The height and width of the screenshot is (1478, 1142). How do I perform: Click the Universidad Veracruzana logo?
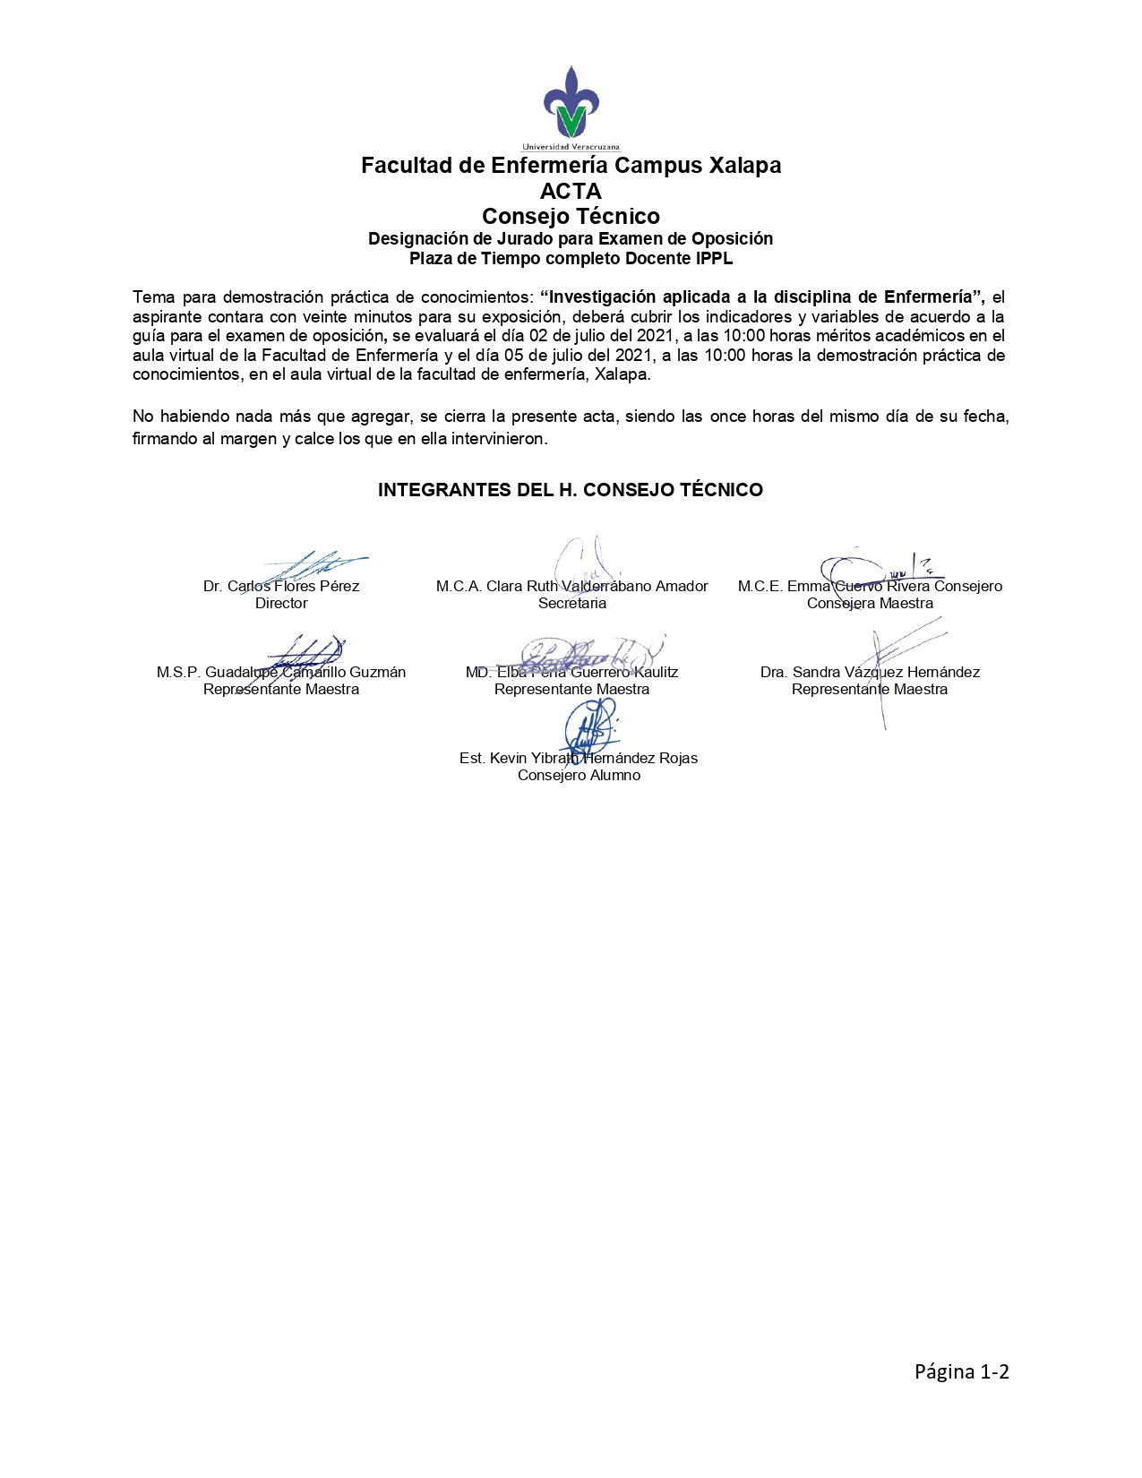[571, 107]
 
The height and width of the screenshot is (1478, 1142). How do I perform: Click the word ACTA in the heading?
[571, 191]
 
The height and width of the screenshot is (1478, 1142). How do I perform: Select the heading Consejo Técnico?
[571, 216]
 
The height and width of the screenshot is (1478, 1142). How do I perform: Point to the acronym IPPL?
[714, 259]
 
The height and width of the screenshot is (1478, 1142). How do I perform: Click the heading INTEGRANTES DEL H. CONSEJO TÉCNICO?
[571, 490]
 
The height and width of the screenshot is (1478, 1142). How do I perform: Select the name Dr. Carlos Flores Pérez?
[281, 587]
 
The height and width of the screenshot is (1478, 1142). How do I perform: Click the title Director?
[281, 604]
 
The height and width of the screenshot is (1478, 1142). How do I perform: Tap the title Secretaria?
[572, 604]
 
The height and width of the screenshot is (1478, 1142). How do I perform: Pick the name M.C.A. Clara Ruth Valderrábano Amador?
[572, 587]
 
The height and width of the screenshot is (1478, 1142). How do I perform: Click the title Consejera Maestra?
[870, 604]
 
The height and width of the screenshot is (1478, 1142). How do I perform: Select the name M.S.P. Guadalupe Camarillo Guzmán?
[281, 673]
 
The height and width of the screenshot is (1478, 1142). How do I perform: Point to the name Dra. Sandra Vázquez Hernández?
[870, 673]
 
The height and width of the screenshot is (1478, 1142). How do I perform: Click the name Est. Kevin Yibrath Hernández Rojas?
[579, 759]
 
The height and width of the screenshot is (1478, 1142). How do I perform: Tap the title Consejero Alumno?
[579, 776]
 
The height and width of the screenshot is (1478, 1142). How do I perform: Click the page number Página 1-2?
[961, 1371]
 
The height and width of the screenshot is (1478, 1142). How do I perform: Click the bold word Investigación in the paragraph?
[598, 296]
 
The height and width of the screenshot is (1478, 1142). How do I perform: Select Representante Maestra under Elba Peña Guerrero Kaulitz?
[572, 690]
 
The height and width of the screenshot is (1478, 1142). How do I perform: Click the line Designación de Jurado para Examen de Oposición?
[571, 239]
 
